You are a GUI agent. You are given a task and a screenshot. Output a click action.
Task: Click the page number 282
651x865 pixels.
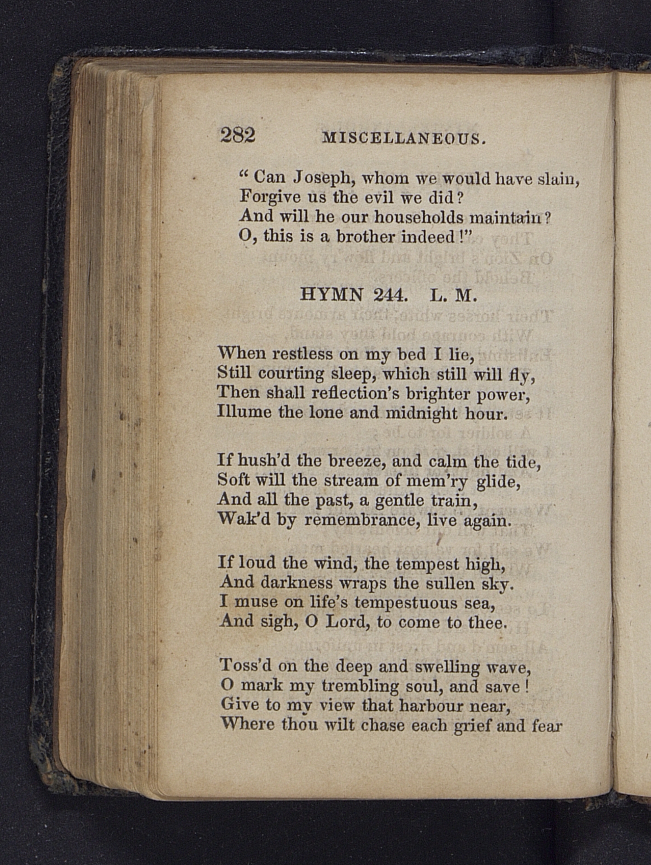click(x=238, y=135)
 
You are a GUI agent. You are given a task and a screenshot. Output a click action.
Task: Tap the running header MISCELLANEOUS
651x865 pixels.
click(x=403, y=138)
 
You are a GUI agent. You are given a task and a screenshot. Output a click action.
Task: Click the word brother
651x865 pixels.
click(x=365, y=236)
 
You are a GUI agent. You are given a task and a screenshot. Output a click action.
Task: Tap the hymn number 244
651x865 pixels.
click(x=390, y=294)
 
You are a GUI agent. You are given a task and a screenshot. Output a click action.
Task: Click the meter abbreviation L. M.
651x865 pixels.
click(x=453, y=295)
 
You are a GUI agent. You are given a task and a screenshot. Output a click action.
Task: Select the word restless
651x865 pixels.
click(x=302, y=354)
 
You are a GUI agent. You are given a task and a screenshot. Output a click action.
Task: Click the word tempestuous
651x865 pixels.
click(x=406, y=602)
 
